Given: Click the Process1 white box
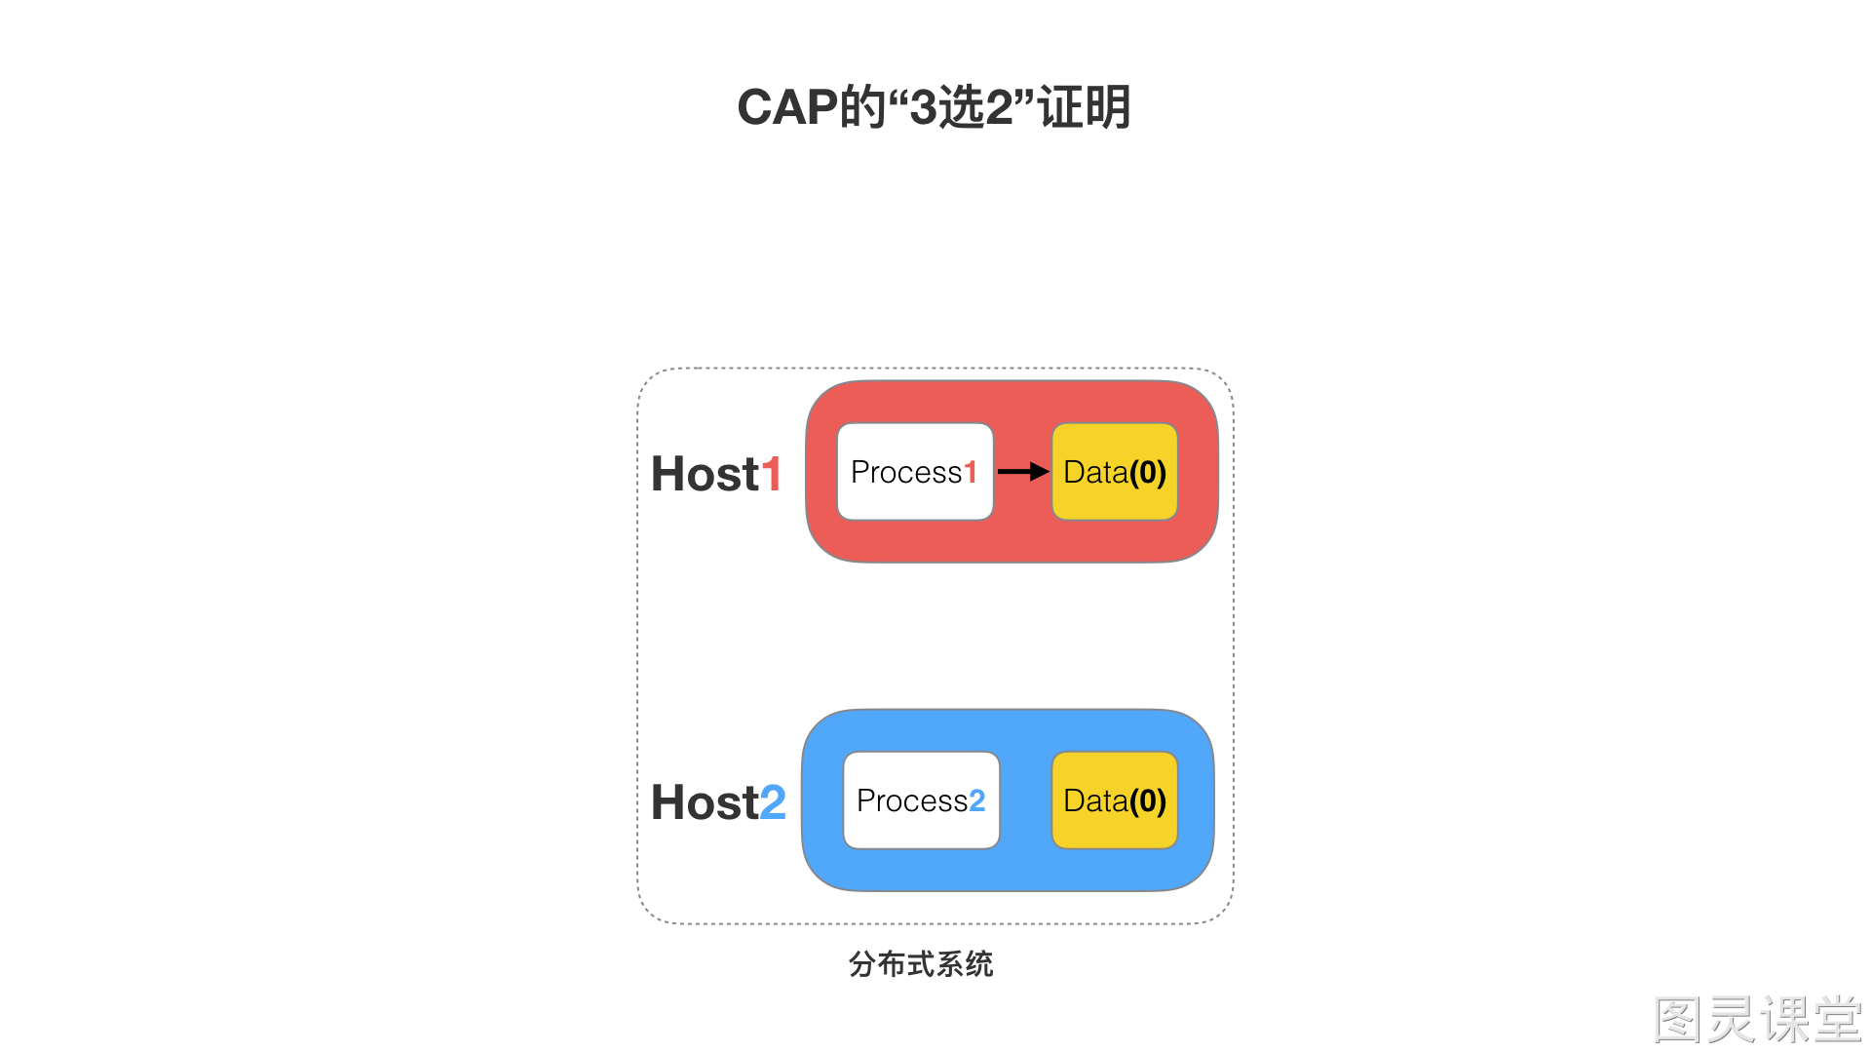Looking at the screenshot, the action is point(915,472).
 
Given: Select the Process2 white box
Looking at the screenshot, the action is point(921,800).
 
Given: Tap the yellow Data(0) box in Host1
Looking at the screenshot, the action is point(1115,472).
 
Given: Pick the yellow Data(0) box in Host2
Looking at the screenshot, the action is point(1115,800).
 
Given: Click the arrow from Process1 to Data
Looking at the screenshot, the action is point(1023,472).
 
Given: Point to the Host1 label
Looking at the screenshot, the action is point(716,474).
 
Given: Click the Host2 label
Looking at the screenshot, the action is point(718,802).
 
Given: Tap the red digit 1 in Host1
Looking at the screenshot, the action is point(772,474).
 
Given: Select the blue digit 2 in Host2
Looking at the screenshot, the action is point(773,802).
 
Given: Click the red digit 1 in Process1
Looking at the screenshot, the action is point(971,472).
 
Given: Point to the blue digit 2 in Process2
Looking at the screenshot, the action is point(977,800).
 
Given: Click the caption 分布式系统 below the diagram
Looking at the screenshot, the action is point(921,964).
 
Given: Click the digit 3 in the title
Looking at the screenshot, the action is point(923,107).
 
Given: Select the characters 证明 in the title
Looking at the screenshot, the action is point(1084,107).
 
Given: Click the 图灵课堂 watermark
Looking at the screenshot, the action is point(1759,1020).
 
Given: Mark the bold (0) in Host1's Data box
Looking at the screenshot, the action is point(1148,472).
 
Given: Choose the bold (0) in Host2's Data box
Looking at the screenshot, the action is point(1148,800).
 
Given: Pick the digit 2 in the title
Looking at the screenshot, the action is point(1000,107).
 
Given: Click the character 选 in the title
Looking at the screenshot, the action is point(961,107).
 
